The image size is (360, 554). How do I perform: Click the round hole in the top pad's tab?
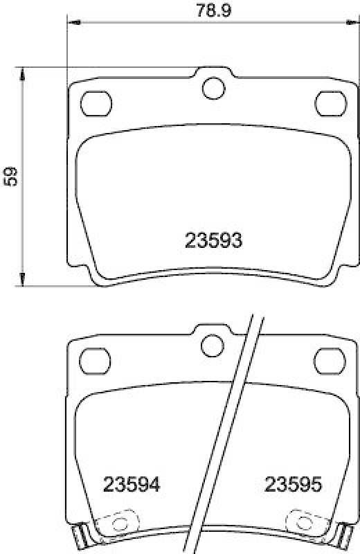pyautogui.click(x=214, y=88)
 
